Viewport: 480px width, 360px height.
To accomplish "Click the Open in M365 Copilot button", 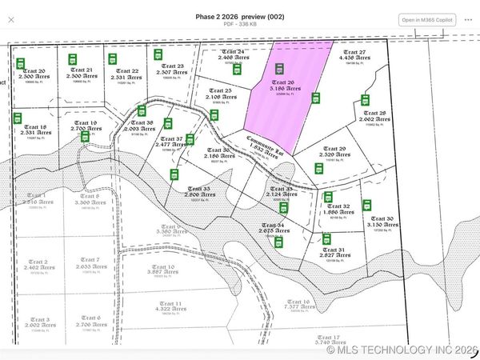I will point(426,19).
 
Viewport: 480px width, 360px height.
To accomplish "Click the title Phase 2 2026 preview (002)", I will point(241,16).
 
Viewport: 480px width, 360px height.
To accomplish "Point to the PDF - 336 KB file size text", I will point(241,25).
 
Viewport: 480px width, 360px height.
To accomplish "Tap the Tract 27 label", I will point(355,50).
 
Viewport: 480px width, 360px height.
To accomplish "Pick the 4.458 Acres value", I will point(355,58).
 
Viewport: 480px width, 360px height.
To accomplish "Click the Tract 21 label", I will point(94,70).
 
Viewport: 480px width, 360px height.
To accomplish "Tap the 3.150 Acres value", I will point(382,226).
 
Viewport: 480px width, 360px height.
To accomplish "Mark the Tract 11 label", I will point(167,304).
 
